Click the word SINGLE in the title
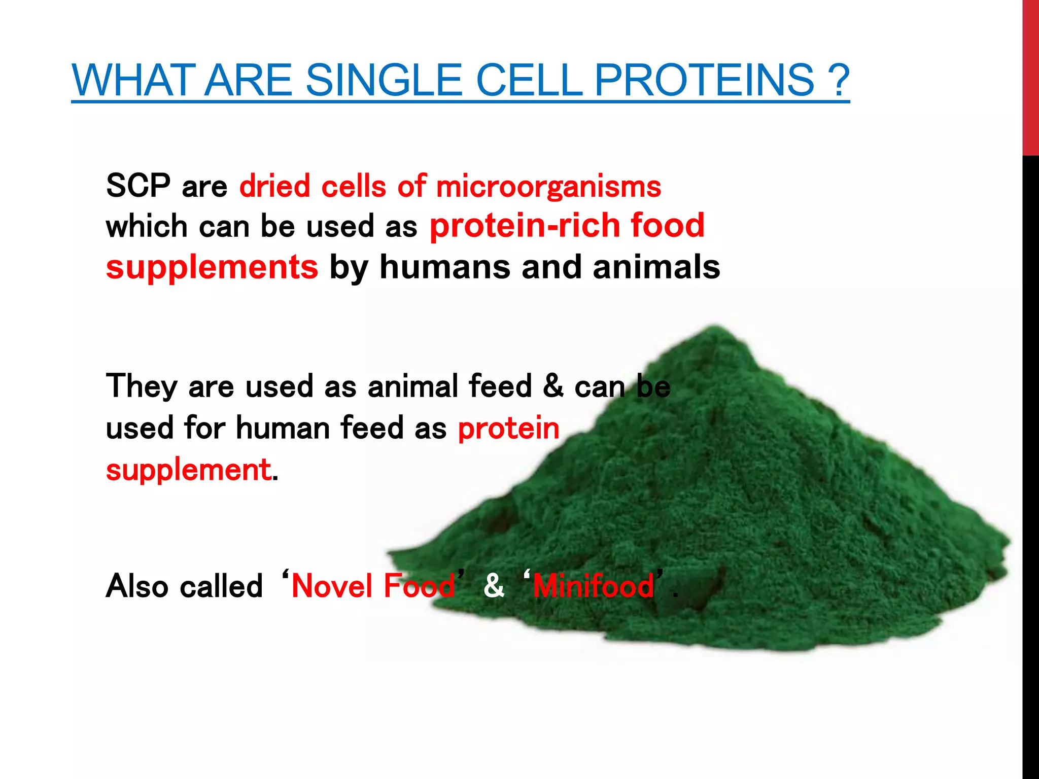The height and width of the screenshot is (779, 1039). (384, 80)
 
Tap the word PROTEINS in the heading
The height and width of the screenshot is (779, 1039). (704, 80)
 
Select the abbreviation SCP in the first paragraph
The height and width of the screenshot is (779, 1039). (138, 186)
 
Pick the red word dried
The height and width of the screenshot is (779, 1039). (274, 186)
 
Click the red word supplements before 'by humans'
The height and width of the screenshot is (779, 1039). (212, 268)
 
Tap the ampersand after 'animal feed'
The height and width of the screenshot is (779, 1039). (553, 385)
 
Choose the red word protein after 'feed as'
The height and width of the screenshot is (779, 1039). (508, 428)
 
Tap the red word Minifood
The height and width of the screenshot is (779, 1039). (594, 586)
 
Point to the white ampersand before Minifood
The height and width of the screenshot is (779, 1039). (494, 585)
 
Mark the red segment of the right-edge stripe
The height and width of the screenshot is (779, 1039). (1030, 76)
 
